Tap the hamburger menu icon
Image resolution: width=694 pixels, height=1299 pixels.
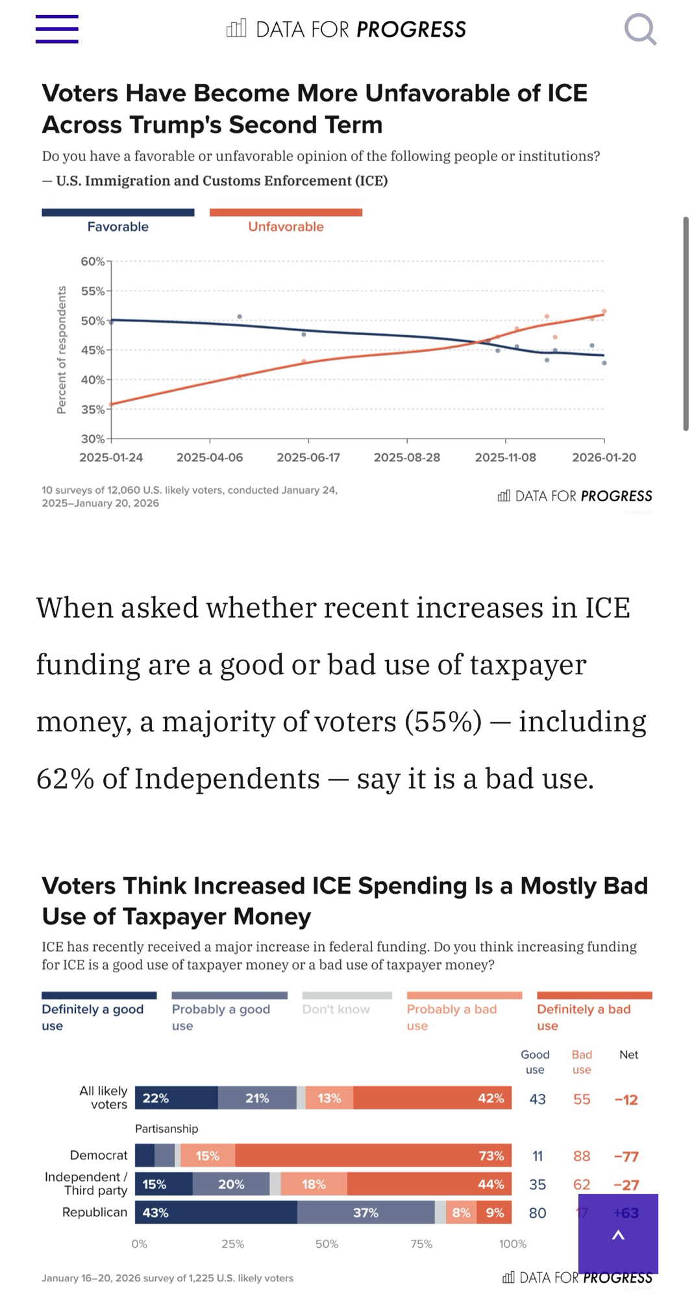click(57, 29)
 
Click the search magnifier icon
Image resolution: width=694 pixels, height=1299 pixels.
click(640, 30)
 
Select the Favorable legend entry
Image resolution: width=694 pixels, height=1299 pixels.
click(118, 227)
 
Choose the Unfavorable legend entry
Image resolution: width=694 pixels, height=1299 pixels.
click(286, 227)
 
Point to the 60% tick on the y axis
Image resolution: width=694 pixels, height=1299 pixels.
click(92, 261)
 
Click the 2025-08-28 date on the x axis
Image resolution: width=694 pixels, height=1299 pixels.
click(406, 457)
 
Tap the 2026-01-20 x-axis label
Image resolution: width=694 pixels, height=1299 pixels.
click(604, 457)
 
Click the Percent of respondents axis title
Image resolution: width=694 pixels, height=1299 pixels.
click(62, 349)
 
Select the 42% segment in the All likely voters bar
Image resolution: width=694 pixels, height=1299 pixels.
click(432, 1098)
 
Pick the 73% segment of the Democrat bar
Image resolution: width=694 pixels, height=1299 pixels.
click(373, 1156)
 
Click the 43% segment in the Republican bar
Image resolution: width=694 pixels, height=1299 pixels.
click(216, 1213)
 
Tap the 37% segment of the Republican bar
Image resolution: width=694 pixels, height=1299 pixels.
click(366, 1213)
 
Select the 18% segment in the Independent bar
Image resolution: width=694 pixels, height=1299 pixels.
click(314, 1184)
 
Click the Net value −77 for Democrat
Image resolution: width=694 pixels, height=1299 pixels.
click(626, 1156)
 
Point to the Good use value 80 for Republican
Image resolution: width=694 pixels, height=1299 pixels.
click(538, 1213)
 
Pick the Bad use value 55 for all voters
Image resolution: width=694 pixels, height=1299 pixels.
click(582, 1099)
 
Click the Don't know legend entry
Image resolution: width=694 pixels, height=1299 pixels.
click(336, 1009)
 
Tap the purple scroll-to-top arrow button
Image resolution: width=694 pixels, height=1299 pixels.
click(618, 1234)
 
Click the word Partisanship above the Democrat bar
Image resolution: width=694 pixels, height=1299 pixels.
click(166, 1129)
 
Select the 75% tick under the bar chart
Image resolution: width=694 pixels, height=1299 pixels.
click(421, 1244)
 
